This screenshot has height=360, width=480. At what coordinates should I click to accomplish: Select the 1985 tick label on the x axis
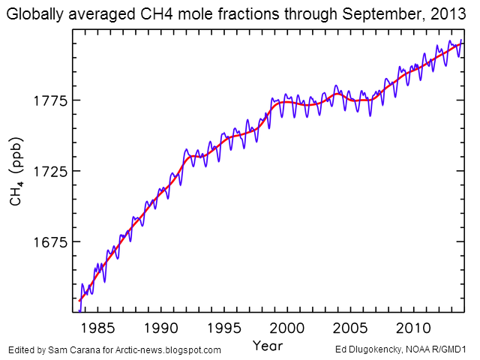click(98, 328)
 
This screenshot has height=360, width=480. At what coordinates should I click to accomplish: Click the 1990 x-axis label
click(161, 328)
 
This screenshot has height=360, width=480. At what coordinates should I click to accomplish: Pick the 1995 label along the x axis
click(224, 328)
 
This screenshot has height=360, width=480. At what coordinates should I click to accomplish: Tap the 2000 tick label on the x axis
click(287, 328)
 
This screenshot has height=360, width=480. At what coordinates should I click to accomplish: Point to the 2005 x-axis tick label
click(350, 328)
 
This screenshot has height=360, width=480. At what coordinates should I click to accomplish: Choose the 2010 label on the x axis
click(413, 328)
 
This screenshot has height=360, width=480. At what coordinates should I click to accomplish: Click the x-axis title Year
click(267, 346)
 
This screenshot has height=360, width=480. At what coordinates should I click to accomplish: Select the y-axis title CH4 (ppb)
click(16, 172)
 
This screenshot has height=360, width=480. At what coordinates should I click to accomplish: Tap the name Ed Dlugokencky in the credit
click(368, 350)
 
